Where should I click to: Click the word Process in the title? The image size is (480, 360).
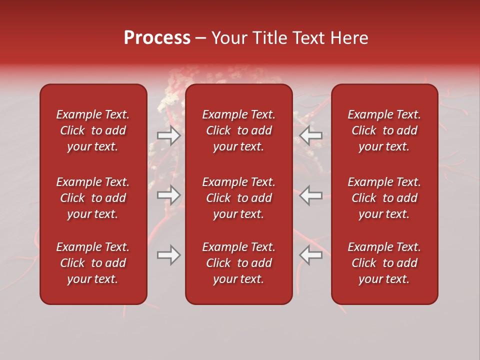pyautogui.click(x=157, y=38)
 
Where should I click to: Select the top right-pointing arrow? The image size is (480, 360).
pyautogui.click(x=168, y=135)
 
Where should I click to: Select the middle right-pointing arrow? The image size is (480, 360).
pyautogui.click(x=168, y=195)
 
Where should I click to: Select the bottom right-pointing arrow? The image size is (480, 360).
pyautogui.click(x=168, y=255)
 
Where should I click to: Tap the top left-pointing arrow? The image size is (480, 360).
pyautogui.click(x=311, y=135)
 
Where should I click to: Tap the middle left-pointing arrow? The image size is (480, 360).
pyautogui.click(x=311, y=195)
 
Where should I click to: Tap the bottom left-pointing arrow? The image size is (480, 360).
pyautogui.click(x=311, y=255)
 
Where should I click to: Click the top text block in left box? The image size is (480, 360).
pyautogui.click(x=93, y=130)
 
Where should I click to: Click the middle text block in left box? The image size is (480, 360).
pyautogui.click(x=93, y=198)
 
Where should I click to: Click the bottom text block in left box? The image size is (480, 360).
pyautogui.click(x=93, y=263)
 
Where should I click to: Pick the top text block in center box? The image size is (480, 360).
pyautogui.click(x=239, y=130)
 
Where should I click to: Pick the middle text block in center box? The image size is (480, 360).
pyautogui.click(x=239, y=198)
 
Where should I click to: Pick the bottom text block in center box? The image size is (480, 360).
pyautogui.click(x=239, y=263)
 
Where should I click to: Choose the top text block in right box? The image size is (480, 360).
pyautogui.click(x=384, y=130)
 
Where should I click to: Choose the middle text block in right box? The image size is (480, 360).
pyautogui.click(x=384, y=198)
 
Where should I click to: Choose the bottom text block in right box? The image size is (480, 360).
pyautogui.click(x=384, y=263)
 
